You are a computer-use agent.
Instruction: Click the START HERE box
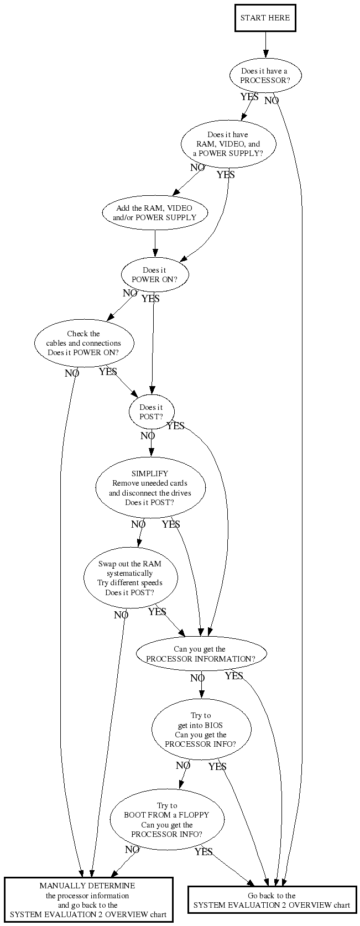pos(265,18)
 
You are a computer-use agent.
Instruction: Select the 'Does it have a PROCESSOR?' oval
pos(265,76)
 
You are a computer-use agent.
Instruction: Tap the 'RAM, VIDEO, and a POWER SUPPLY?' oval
pos(228,144)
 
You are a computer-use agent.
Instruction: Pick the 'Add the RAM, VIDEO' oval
pos(155,213)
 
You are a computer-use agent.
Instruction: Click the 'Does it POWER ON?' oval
pos(155,275)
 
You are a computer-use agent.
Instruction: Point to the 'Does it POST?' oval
pos(152,412)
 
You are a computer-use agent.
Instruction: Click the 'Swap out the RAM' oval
pos(130,578)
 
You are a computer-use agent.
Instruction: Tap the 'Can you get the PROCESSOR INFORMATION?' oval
pos(201,654)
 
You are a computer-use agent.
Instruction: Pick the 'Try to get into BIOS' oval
pos(201,730)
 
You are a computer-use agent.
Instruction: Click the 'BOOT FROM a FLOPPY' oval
pos(167,820)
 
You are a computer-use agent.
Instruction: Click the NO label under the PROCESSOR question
pos(272,101)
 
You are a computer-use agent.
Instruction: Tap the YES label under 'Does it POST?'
pos(175,426)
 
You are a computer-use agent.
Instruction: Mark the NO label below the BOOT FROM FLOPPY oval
pos(132,850)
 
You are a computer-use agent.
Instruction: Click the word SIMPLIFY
pos(150,474)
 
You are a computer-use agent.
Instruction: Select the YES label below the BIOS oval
pos(217,767)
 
